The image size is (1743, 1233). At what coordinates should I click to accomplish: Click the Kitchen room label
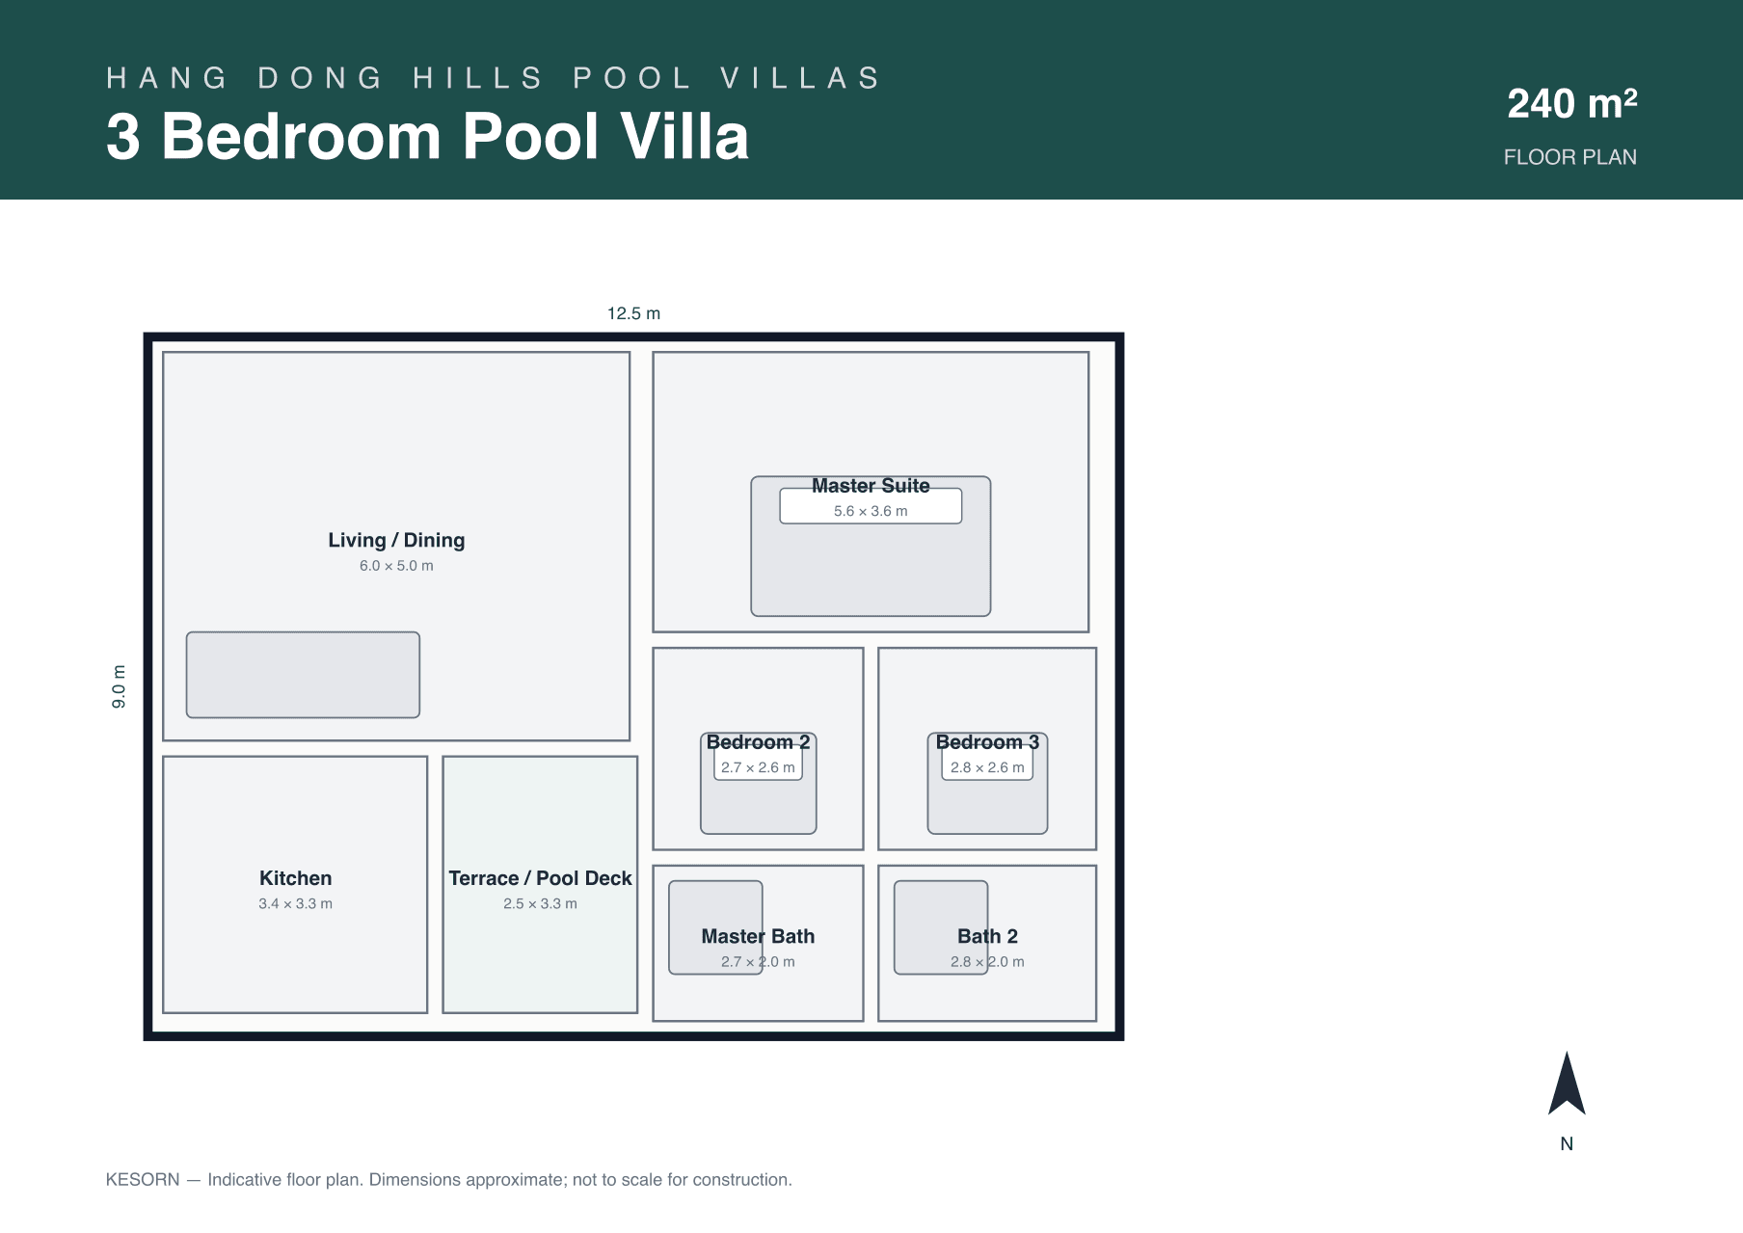point(295,878)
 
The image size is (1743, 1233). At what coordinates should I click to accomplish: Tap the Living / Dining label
point(396,540)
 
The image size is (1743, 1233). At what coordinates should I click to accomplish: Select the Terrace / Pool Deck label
point(540,878)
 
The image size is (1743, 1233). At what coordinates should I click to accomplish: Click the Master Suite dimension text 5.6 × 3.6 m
point(871,511)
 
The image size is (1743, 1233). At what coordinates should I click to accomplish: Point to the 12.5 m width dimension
point(633,313)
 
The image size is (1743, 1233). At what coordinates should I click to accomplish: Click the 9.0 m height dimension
point(119,686)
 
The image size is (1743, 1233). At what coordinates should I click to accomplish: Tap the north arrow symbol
point(1567,1084)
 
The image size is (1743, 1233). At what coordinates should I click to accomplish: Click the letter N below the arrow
point(1567,1144)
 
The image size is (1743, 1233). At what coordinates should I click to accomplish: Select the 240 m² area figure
point(1572,103)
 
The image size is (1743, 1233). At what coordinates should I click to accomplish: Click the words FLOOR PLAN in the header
point(1570,157)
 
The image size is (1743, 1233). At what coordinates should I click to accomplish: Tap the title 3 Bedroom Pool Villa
point(427,136)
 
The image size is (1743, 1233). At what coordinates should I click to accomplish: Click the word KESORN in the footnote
point(143,1180)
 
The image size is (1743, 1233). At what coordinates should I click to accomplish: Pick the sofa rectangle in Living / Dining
point(303,675)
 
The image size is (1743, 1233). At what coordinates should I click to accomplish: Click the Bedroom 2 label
point(758,742)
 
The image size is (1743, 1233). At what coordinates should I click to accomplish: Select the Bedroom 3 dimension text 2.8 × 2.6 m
point(987,767)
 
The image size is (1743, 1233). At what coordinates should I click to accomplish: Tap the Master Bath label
point(758,936)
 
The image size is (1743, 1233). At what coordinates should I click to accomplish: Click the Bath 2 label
point(987,936)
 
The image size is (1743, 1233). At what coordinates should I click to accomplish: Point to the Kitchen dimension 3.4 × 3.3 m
point(295,903)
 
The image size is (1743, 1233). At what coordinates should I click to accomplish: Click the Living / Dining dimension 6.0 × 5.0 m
point(396,566)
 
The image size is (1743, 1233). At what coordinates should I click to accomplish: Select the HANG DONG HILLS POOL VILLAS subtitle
point(494,78)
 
